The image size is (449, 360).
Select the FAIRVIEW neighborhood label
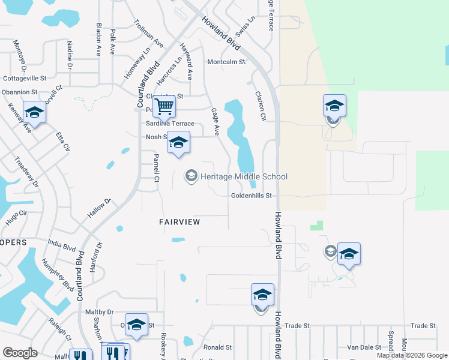(179, 222)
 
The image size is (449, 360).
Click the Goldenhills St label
(252, 196)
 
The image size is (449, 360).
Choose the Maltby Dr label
(99, 312)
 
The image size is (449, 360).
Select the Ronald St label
(217, 347)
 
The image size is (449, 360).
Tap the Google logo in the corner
(20, 353)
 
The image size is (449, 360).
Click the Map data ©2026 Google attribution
(412, 355)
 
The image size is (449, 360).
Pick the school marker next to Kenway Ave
(34, 112)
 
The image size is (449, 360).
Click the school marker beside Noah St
(178, 143)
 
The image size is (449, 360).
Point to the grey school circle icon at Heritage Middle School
(191, 176)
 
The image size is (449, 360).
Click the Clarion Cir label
(260, 106)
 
